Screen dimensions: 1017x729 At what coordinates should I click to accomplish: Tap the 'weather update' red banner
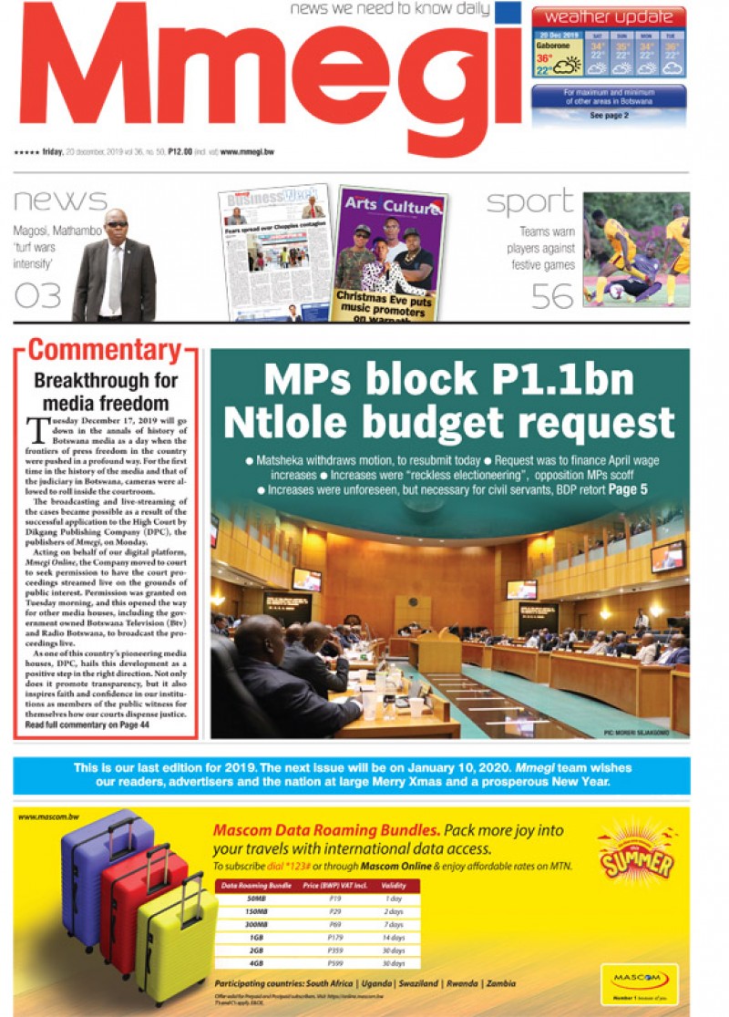608,16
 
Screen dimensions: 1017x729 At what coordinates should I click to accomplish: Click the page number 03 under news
37,293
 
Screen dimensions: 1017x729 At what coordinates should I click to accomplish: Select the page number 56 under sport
552,294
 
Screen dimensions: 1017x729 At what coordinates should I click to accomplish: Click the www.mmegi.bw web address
247,152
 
